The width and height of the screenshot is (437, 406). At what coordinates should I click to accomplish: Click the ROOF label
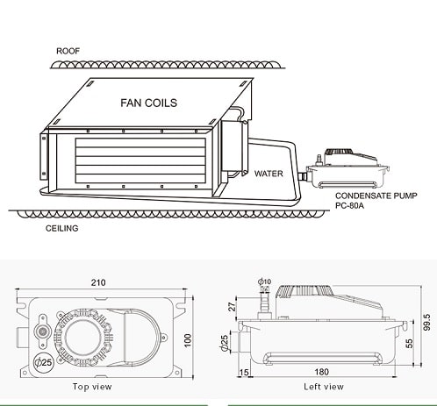pos(68,51)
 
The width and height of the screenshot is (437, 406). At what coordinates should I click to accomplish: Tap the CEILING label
pos(61,228)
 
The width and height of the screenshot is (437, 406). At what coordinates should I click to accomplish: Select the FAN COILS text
pos(149,103)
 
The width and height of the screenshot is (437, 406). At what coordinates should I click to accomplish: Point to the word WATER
pos(269,174)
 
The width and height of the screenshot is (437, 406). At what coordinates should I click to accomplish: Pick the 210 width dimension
pos(98,282)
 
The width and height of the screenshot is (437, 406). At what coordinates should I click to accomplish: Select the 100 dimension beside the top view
pos(188,340)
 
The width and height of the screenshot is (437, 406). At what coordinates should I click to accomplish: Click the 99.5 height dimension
pos(427,322)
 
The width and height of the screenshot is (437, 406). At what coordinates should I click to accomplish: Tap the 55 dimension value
pos(410,344)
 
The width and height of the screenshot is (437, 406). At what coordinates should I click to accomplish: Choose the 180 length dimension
pos(321,372)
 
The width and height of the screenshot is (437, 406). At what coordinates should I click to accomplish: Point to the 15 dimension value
pos(244,373)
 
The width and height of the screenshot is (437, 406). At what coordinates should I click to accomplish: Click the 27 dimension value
pos(232,307)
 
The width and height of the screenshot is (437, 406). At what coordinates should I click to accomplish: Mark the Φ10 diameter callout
pos(264,281)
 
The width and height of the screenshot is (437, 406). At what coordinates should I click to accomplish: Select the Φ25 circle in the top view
pos(43,362)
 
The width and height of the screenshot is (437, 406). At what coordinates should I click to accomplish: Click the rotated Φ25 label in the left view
pos(225,343)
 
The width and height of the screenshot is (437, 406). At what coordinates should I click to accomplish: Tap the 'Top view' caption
pos(92,387)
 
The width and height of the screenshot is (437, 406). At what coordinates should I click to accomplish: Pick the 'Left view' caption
pos(324,387)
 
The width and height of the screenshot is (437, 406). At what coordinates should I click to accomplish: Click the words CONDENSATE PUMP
pos(376,196)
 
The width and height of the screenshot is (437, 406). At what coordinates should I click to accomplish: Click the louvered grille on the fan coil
pos(140,160)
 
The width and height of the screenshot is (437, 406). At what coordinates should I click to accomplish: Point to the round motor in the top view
pos(82,338)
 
